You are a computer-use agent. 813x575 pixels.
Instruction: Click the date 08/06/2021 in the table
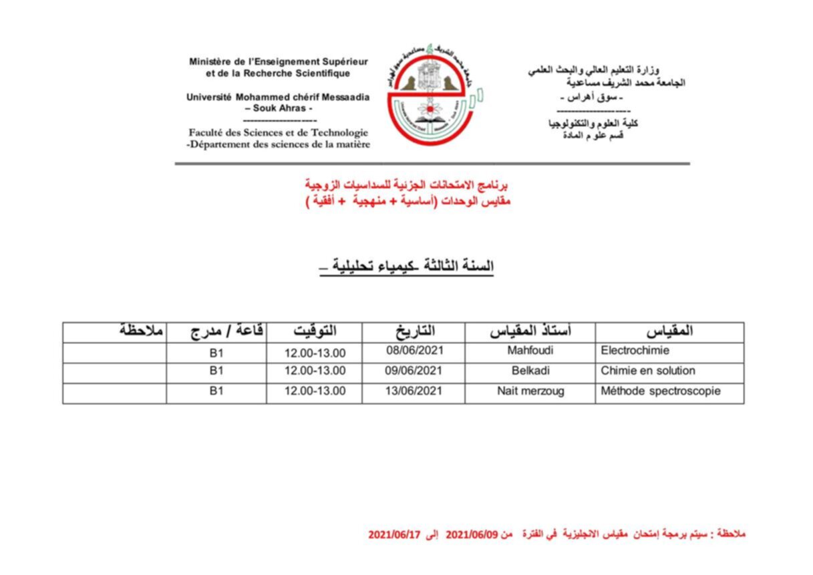[414, 350]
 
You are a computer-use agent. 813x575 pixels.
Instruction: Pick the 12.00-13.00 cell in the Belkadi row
[315, 371]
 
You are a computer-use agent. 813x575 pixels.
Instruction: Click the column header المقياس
[669, 331]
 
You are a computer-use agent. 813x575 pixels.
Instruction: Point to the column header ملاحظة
[142, 330]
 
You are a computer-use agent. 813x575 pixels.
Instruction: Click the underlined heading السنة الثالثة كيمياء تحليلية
[407, 266]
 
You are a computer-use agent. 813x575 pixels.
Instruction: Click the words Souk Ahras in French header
[279, 108]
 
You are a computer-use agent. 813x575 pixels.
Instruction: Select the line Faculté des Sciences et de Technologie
[278, 132]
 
